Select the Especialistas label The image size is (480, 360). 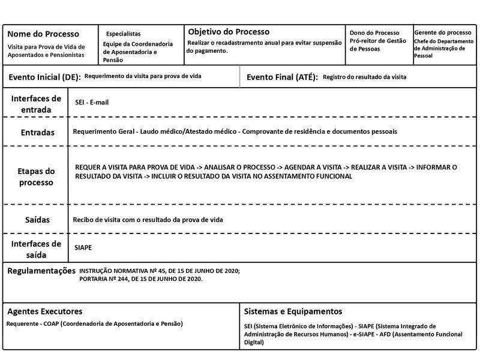(x=124, y=34)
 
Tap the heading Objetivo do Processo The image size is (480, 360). (x=229, y=32)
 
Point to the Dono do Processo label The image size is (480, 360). (x=374, y=33)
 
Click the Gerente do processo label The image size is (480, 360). (x=443, y=32)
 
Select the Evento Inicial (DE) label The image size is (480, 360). (x=44, y=77)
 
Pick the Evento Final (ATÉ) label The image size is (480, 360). (x=281, y=77)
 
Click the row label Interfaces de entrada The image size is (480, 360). (x=36, y=104)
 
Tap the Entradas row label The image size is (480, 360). (x=37, y=132)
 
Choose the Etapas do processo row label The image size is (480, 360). (x=36, y=176)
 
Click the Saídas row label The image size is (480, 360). (x=37, y=220)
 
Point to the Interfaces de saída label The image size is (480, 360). (x=36, y=249)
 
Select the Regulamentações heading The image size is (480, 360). (x=41, y=271)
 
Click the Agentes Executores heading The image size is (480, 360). (x=45, y=311)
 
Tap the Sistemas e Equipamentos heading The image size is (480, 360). (x=293, y=311)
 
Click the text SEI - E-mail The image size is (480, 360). (x=92, y=103)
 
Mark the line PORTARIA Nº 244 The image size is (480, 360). (x=141, y=280)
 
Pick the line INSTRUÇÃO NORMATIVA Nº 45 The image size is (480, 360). (x=159, y=271)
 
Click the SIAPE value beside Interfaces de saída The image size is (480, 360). (x=83, y=247)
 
